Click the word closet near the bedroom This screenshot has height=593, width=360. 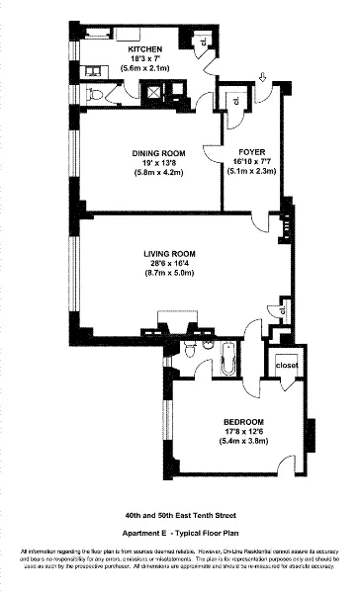coord(288,365)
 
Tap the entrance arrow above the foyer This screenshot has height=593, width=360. coord(262,78)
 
